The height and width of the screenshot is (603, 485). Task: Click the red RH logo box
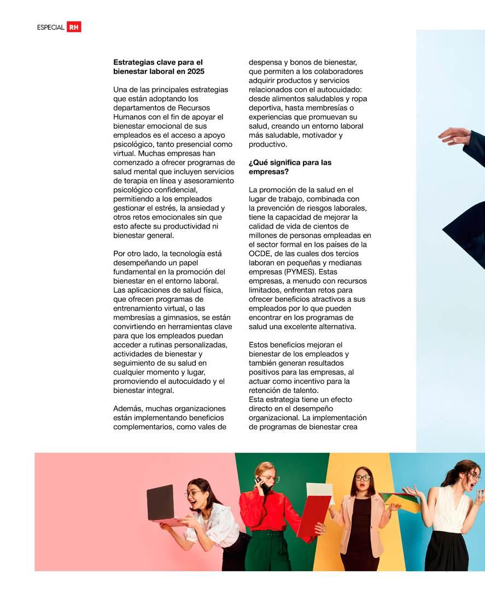[x=73, y=27]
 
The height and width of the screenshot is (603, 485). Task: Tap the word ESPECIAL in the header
[x=51, y=27]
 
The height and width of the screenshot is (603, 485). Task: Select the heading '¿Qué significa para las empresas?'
[x=290, y=167]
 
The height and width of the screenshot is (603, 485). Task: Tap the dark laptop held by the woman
[x=160, y=502]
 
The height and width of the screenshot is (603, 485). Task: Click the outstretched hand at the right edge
[x=454, y=134]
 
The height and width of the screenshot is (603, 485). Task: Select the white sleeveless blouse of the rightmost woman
[x=451, y=511]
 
